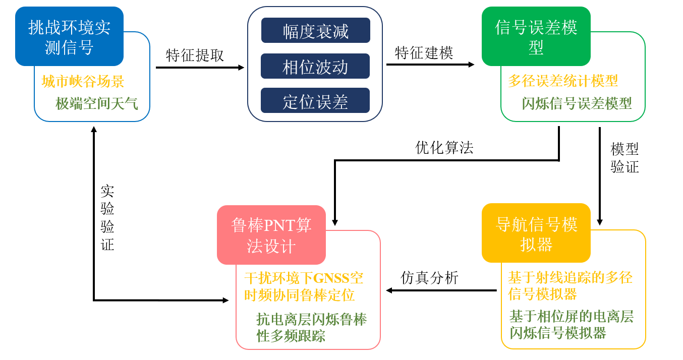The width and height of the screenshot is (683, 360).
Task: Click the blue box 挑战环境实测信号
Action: tap(69, 37)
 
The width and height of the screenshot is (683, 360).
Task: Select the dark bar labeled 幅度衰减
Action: tap(315, 31)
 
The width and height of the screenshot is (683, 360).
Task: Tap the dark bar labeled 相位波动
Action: tap(315, 67)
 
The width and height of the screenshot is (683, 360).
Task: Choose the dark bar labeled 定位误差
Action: tap(315, 101)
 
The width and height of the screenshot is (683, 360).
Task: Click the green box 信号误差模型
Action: tap(536, 37)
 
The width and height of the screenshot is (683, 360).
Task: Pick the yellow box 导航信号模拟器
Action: tap(536, 233)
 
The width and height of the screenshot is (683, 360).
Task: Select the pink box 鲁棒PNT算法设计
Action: tap(271, 235)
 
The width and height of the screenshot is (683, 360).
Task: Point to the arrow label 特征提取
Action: tap(195, 55)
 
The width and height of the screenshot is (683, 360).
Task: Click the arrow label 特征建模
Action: tap(424, 52)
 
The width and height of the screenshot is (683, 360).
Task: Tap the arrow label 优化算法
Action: tap(444, 147)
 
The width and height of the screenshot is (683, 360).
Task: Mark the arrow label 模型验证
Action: tap(624, 158)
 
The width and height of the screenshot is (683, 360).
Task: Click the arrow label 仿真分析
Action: tap(429, 277)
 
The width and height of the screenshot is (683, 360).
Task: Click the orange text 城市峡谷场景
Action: tap(83, 81)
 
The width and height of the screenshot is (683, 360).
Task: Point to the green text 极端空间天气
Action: tap(96, 104)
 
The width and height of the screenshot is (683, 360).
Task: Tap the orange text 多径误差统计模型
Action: tap(562, 81)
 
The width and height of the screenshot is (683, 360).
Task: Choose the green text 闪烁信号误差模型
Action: tap(577, 103)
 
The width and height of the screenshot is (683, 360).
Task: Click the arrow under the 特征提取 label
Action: tap(200, 68)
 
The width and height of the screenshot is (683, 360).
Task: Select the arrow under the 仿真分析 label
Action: tap(441, 290)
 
